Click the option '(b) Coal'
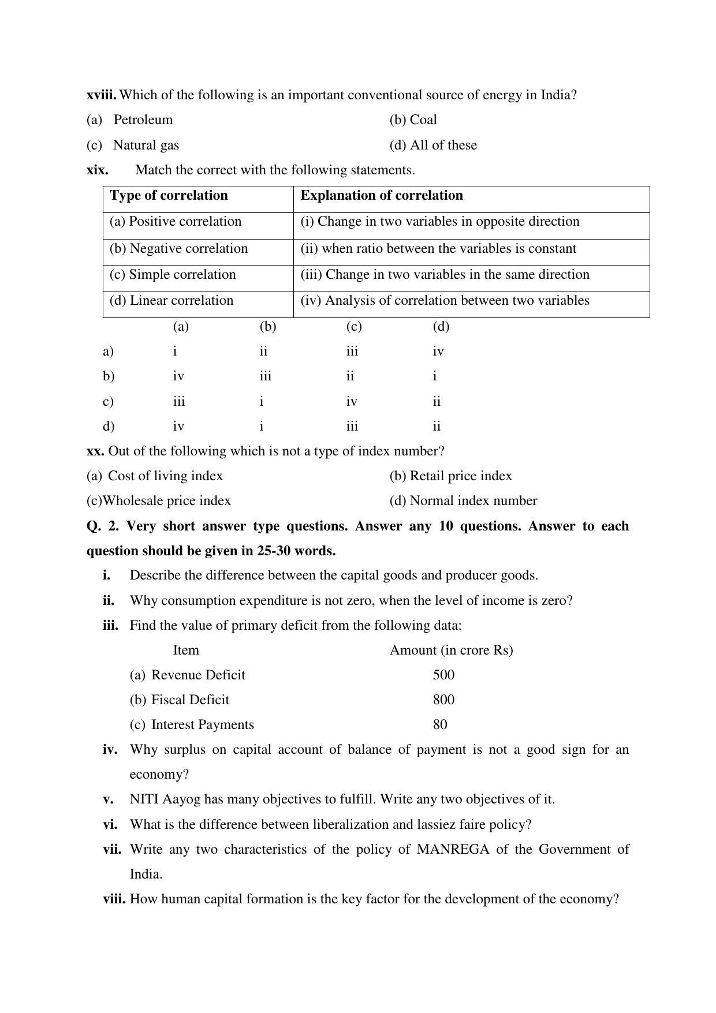tap(413, 120)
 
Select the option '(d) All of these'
tap(433, 145)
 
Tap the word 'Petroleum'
tap(143, 120)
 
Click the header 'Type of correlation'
tap(169, 196)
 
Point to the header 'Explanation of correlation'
tap(381, 196)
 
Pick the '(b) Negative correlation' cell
tap(178, 249)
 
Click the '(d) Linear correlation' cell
tap(171, 301)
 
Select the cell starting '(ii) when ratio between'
tap(438, 249)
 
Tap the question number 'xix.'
tap(97, 170)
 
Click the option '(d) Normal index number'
tap(463, 501)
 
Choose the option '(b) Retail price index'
tap(450, 476)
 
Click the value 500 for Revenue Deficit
tap(443, 675)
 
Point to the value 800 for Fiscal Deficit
tap(443, 700)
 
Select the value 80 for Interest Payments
tap(440, 725)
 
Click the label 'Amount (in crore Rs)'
tap(451, 651)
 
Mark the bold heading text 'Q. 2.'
tap(103, 526)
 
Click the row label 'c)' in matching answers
tap(108, 402)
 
